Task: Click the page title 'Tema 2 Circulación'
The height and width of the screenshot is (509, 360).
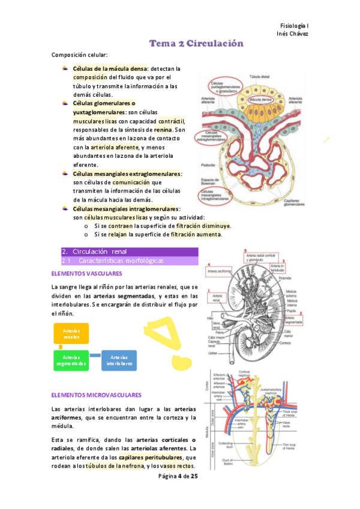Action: pos(196,44)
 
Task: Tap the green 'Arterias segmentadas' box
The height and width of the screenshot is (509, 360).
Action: pos(71,361)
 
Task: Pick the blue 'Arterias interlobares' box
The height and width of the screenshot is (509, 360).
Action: pos(119,361)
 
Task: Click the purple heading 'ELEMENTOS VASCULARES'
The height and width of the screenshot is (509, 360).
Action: pos(87,274)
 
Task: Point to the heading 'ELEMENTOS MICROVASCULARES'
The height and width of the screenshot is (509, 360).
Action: pos(97,396)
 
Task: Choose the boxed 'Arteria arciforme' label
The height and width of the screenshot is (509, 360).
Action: pos(220,271)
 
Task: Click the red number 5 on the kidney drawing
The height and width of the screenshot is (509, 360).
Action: pos(245,250)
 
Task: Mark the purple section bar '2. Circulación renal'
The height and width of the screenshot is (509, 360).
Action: pos(130,251)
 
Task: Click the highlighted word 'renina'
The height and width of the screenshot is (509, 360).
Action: pos(163,129)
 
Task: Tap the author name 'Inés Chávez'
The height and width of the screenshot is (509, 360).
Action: pos(293,34)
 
